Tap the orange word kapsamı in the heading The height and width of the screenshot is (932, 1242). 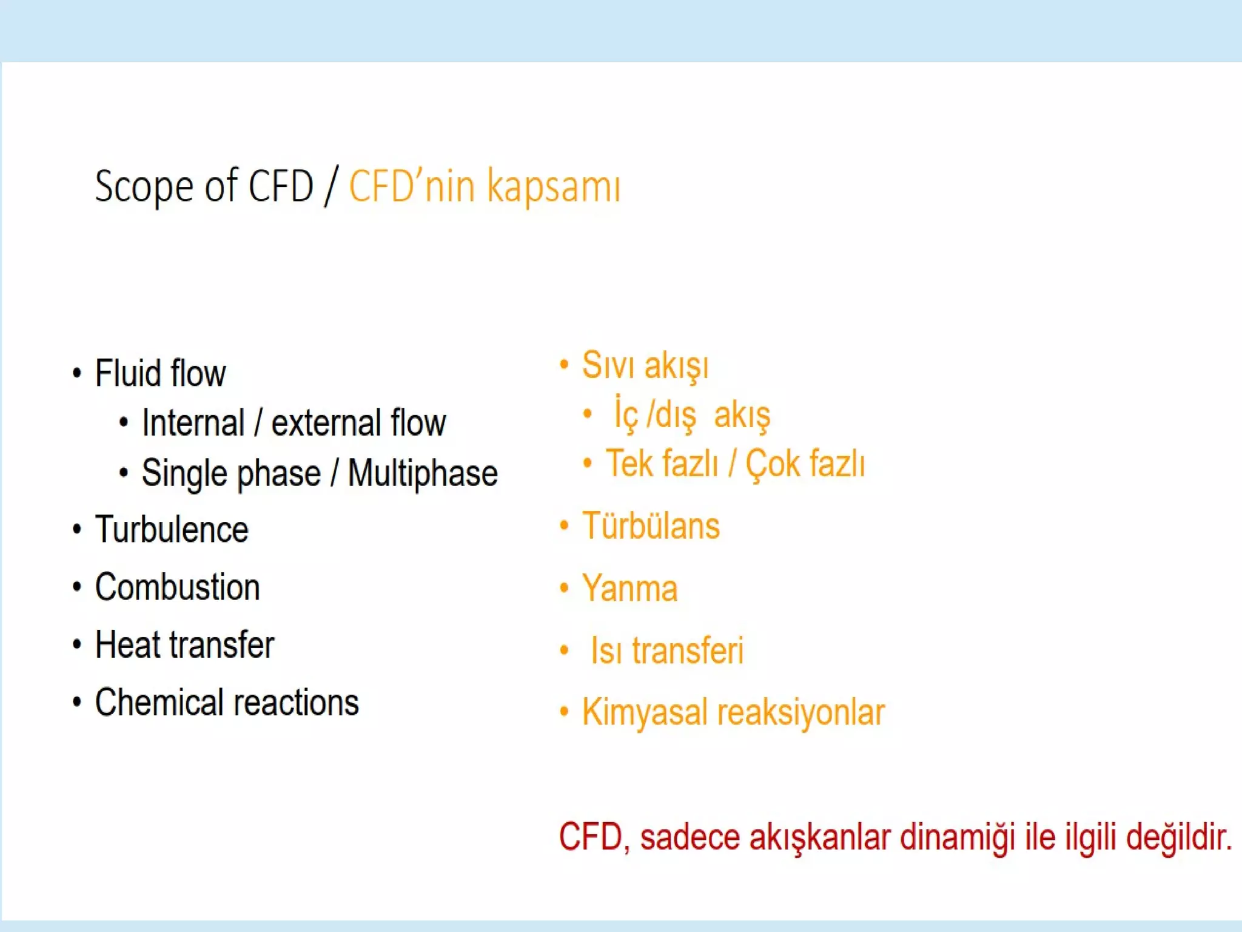tap(554, 186)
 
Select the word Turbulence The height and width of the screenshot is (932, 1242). tap(172, 529)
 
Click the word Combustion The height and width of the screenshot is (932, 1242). tap(177, 587)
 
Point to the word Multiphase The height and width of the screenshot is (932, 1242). tap(423, 473)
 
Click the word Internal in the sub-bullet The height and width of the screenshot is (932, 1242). tap(193, 423)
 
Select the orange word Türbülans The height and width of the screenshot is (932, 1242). tap(651, 525)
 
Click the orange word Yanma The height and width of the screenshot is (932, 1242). tap(629, 588)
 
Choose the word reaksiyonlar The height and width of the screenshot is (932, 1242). tap(801, 712)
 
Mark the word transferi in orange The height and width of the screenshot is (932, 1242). tap(688, 650)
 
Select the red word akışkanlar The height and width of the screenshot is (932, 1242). tap(821, 837)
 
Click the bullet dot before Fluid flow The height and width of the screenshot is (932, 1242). tap(76, 373)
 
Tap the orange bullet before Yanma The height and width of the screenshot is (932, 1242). tap(564, 588)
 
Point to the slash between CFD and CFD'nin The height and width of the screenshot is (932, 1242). tap(331, 186)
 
